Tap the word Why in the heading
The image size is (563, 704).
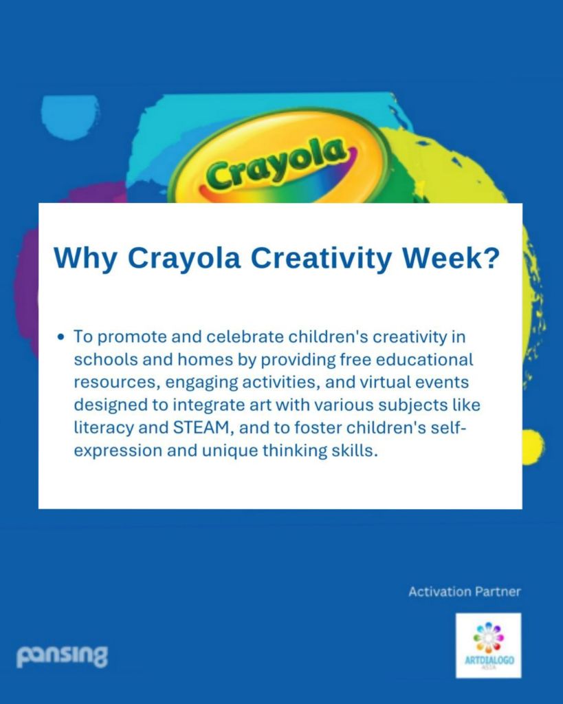(x=86, y=259)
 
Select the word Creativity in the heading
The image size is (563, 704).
(x=321, y=259)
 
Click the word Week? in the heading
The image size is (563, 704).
(x=450, y=257)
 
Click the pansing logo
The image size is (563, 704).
(x=62, y=656)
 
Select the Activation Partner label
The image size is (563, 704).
(x=465, y=592)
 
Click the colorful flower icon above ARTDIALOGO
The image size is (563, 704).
(x=489, y=637)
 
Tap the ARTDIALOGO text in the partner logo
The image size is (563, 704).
(x=489, y=661)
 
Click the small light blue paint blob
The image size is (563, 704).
(x=69, y=116)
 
